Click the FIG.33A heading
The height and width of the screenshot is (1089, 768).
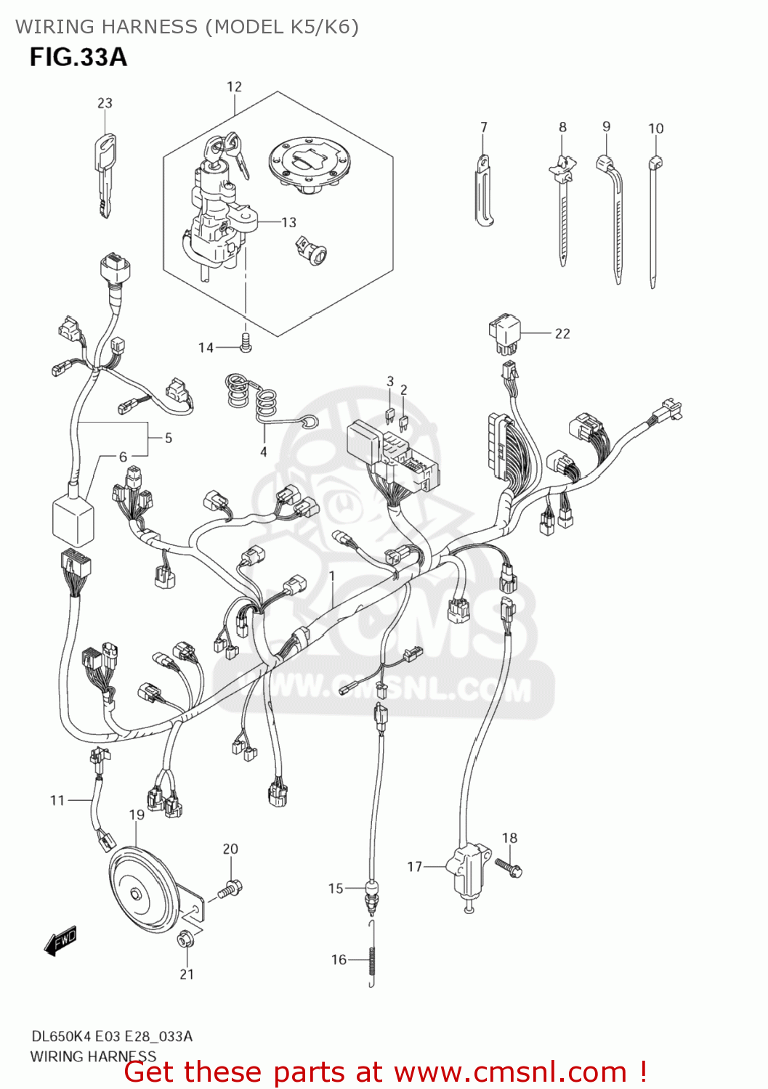(78, 57)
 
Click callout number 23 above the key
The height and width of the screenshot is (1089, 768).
(105, 103)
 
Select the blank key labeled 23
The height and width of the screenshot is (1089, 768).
(105, 174)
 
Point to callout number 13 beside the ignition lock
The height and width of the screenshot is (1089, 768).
(288, 222)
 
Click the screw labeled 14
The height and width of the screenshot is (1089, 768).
(246, 343)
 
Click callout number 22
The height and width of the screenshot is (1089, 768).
(562, 334)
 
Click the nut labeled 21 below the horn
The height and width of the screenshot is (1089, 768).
(185, 939)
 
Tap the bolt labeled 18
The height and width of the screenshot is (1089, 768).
(509, 866)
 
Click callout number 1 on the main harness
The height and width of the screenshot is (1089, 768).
(331, 576)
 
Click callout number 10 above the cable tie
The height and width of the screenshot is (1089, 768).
(655, 129)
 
